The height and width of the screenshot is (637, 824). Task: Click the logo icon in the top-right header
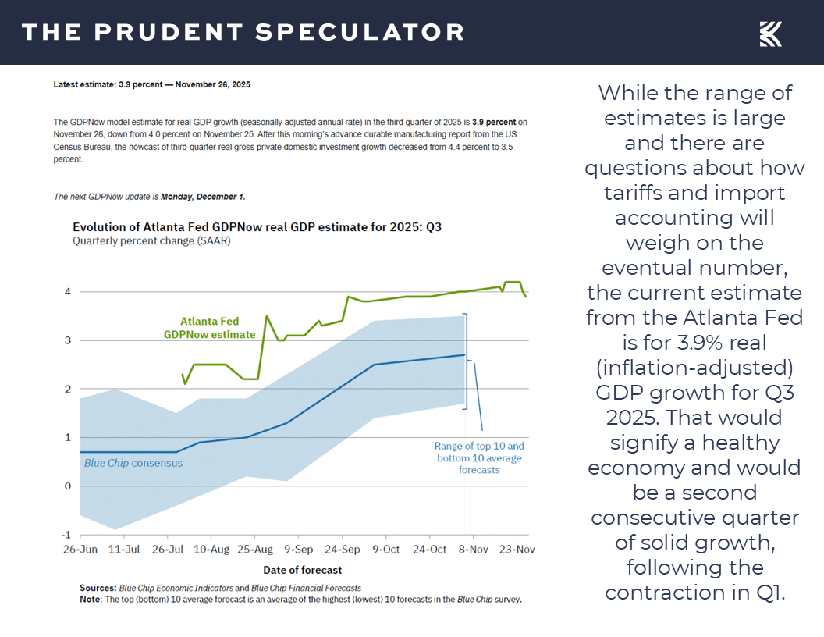coord(770,34)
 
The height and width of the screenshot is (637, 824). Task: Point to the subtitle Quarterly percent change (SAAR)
coord(151,241)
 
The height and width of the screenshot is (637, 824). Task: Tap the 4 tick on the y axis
coord(68,292)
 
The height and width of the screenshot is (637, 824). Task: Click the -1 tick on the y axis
coord(66,535)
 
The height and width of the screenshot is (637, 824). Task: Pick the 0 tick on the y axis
coord(68,486)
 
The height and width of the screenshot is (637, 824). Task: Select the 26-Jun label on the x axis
coord(80,550)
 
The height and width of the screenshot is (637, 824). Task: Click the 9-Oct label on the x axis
coord(385,550)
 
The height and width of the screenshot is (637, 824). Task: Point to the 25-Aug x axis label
coord(254,550)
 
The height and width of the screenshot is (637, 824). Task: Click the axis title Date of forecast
coord(303,570)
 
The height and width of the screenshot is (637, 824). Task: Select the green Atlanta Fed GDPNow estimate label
coord(209,328)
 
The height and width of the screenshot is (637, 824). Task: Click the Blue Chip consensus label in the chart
coord(133,463)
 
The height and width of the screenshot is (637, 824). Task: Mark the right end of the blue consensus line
coord(464,355)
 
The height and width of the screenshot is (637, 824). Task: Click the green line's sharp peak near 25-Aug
coord(267,316)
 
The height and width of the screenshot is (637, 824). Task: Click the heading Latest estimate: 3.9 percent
coord(151,84)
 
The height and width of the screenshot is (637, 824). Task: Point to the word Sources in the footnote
coord(98,588)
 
